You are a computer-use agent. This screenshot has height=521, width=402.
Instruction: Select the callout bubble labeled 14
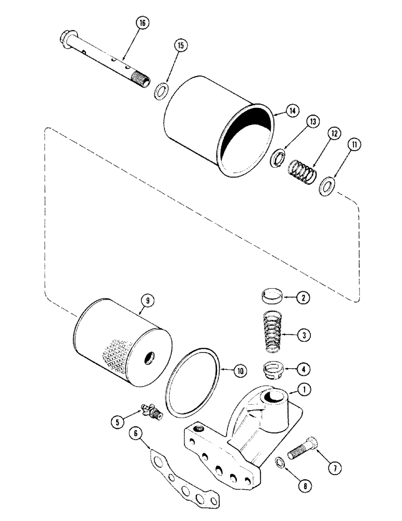pyautogui.click(x=292, y=110)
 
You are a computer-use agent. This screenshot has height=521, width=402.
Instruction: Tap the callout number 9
pyautogui.click(x=144, y=300)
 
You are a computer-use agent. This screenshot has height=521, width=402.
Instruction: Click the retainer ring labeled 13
pyautogui.click(x=279, y=157)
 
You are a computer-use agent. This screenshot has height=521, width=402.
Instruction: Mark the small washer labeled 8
pyautogui.click(x=280, y=462)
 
